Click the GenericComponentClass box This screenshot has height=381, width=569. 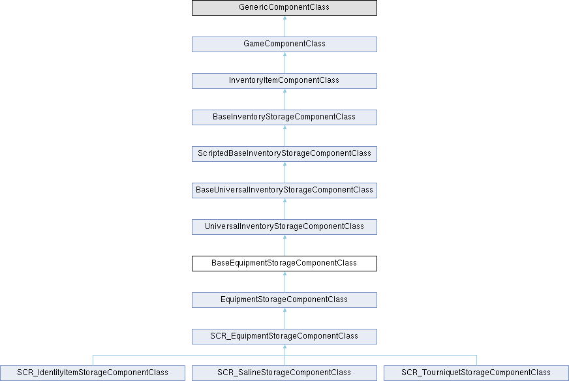click(284, 8)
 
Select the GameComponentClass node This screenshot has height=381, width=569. click(284, 44)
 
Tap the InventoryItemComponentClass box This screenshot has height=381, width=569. click(284, 80)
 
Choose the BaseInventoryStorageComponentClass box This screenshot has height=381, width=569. click(284, 117)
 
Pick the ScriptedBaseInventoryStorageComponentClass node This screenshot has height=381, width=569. click(284, 154)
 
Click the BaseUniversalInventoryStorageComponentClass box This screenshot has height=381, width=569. click(284, 190)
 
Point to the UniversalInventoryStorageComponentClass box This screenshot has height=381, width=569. click(284, 227)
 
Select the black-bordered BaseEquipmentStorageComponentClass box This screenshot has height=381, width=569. click(284, 264)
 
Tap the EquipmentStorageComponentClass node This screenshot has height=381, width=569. click(284, 300)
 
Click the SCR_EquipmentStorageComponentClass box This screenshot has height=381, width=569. click(284, 337)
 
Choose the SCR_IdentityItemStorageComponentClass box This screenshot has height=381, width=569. click(93, 373)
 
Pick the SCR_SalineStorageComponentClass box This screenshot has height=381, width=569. click(284, 373)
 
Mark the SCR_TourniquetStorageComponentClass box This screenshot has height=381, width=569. click(476, 373)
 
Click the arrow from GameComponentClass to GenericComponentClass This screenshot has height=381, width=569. click(284, 26)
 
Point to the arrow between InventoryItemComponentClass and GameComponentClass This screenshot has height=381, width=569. click(284, 63)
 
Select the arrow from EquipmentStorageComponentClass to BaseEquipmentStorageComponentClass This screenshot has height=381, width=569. click(284, 282)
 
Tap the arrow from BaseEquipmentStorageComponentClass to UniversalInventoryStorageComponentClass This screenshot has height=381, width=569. click(284, 245)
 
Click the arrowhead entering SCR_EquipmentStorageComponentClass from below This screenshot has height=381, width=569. click(284, 346)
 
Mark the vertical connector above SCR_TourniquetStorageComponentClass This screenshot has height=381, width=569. click(476, 360)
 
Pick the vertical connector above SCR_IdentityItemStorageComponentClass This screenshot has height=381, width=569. click(93, 360)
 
